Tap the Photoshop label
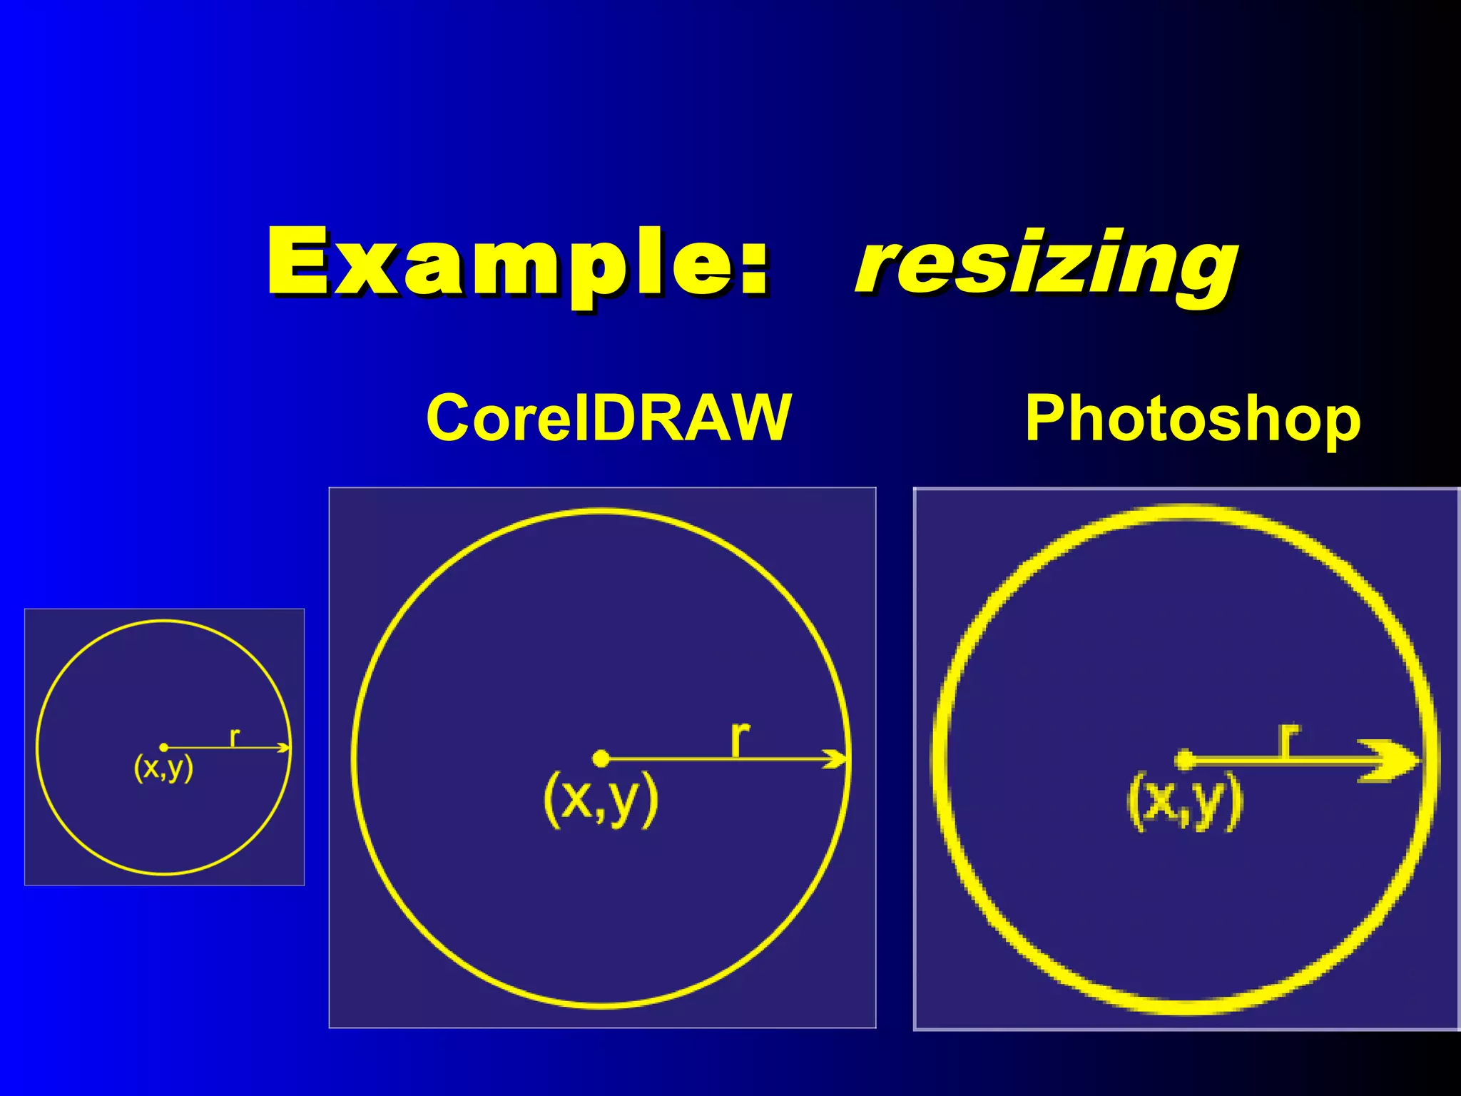(1192, 421)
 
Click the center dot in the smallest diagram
(164, 747)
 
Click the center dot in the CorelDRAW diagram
(601, 758)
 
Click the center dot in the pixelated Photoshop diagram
(1184, 760)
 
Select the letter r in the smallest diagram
(235, 736)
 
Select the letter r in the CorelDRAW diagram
(740, 739)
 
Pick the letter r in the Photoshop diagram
(1288, 740)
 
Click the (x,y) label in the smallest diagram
(163, 768)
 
